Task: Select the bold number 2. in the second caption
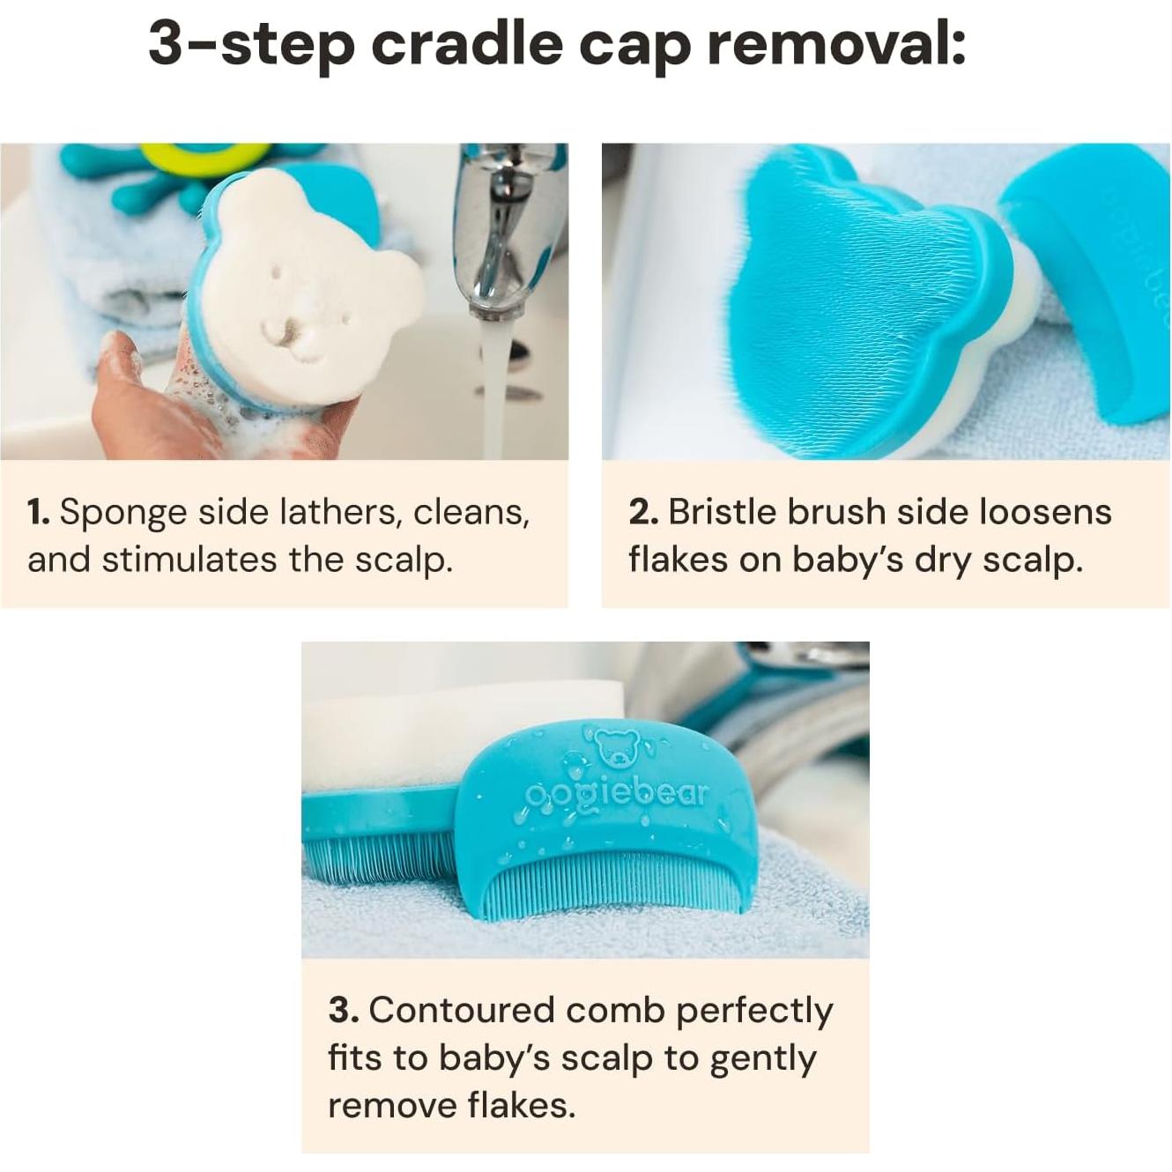[642, 512]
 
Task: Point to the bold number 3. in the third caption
[343, 1011]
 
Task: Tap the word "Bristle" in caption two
[722, 512]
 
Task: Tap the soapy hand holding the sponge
[132, 388]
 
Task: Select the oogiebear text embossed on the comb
[617, 794]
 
